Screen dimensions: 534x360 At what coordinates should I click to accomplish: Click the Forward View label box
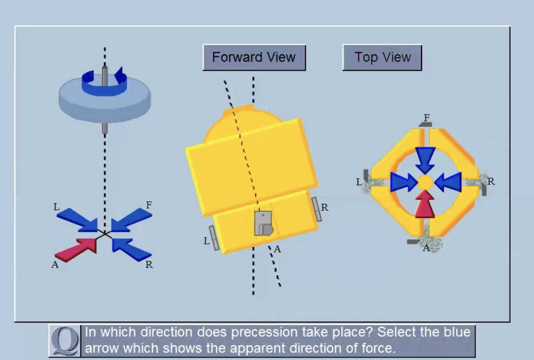(254, 57)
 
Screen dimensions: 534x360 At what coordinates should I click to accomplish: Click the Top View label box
(382, 57)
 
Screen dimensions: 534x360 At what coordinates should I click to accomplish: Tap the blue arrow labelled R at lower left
(131, 249)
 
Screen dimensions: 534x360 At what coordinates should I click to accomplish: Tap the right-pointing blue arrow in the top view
(403, 182)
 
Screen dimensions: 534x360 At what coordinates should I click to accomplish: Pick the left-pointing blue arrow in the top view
(449, 182)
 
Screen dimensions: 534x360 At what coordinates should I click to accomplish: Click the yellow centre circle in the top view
(425, 182)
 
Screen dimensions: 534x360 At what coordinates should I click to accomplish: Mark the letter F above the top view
(427, 118)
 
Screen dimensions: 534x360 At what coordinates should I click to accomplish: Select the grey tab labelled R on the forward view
(316, 209)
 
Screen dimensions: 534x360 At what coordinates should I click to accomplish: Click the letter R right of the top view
(490, 182)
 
